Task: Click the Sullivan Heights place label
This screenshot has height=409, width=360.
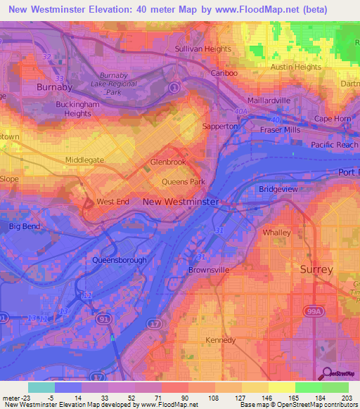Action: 202,49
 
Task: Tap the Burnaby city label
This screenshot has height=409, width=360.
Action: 54,87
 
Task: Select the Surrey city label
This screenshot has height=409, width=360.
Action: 316,269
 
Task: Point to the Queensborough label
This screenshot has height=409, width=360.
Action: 120,260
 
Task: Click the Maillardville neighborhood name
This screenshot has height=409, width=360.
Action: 268,100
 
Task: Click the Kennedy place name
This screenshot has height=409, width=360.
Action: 221,340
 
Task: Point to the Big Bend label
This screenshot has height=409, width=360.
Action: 24,226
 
